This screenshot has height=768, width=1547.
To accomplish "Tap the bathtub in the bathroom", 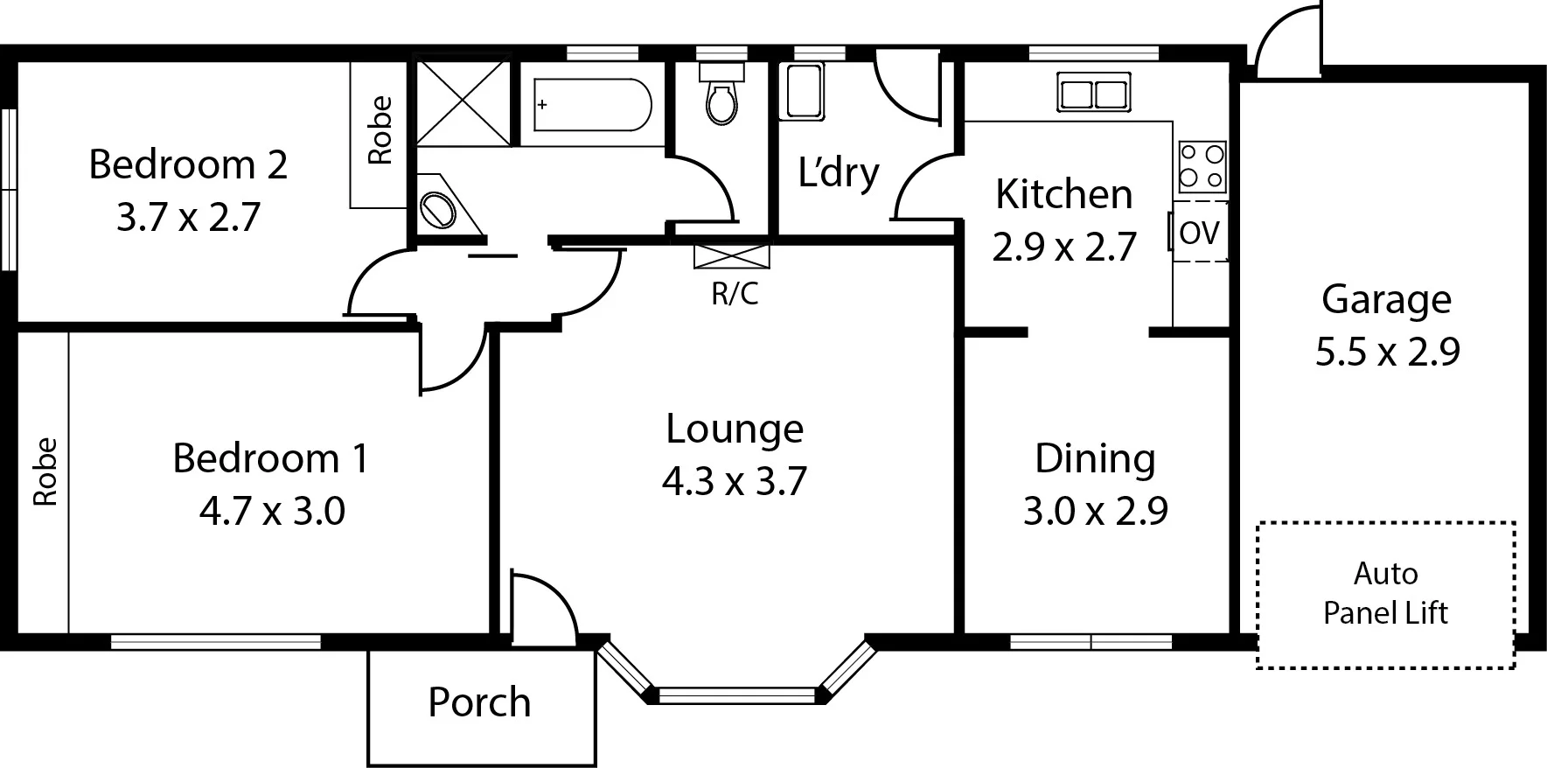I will tap(592, 105).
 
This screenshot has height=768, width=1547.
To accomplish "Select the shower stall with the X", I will tap(462, 101).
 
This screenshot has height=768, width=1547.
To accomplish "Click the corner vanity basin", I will tap(439, 209).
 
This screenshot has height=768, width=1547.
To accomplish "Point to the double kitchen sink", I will tap(1091, 93).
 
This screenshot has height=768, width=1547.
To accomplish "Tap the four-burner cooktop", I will tap(1202, 167).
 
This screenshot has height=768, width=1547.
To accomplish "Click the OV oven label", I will tap(1199, 233).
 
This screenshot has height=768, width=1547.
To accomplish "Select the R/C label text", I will tap(735, 294).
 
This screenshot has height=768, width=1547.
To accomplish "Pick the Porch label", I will tap(479, 702).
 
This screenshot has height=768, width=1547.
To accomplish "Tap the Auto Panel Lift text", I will tap(1385, 593).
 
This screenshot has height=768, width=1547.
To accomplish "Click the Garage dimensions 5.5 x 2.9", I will tap(1387, 352).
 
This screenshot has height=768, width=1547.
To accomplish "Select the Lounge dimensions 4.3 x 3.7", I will tap(734, 481).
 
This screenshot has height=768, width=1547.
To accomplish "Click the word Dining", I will tap(1095, 458).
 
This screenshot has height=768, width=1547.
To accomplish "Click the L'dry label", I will tap(838, 172).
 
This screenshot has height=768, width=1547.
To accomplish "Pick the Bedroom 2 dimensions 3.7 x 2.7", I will tap(188, 217).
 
